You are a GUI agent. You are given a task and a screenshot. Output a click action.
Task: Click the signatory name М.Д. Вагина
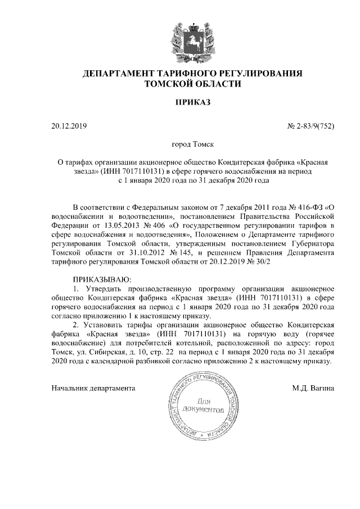(x=313, y=388)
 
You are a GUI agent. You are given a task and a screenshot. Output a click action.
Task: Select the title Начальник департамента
(x=93, y=388)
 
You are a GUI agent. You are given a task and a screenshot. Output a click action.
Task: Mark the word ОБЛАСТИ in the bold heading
(x=217, y=84)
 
